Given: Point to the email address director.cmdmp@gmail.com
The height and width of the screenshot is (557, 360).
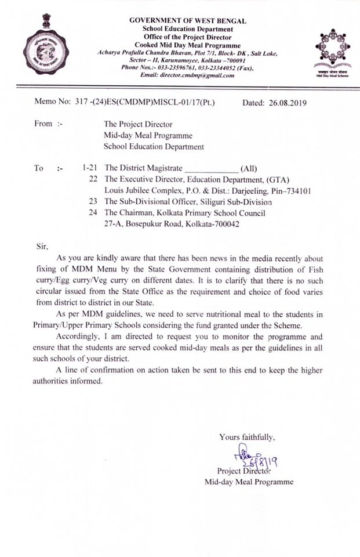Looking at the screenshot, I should (191, 75).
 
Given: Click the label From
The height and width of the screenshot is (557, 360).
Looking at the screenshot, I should (43, 124).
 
